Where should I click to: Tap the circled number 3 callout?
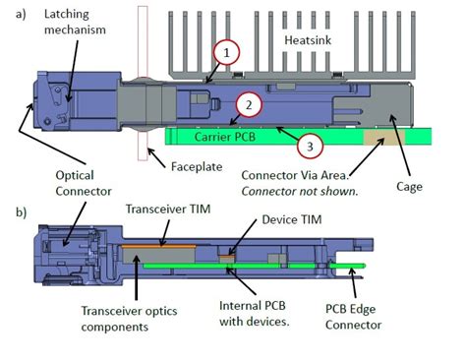309,146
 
